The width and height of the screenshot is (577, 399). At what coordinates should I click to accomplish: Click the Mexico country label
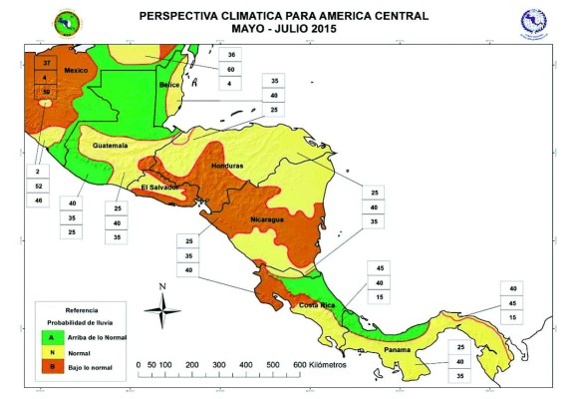tap(77, 71)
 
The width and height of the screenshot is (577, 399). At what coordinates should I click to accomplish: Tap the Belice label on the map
tap(172, 86)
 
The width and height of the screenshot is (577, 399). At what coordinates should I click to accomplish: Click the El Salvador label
tap(159, 187)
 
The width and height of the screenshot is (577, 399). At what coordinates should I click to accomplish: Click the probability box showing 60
tap(231, 69)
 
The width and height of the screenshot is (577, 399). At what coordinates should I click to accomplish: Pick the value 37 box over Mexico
tap(46, 63)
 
